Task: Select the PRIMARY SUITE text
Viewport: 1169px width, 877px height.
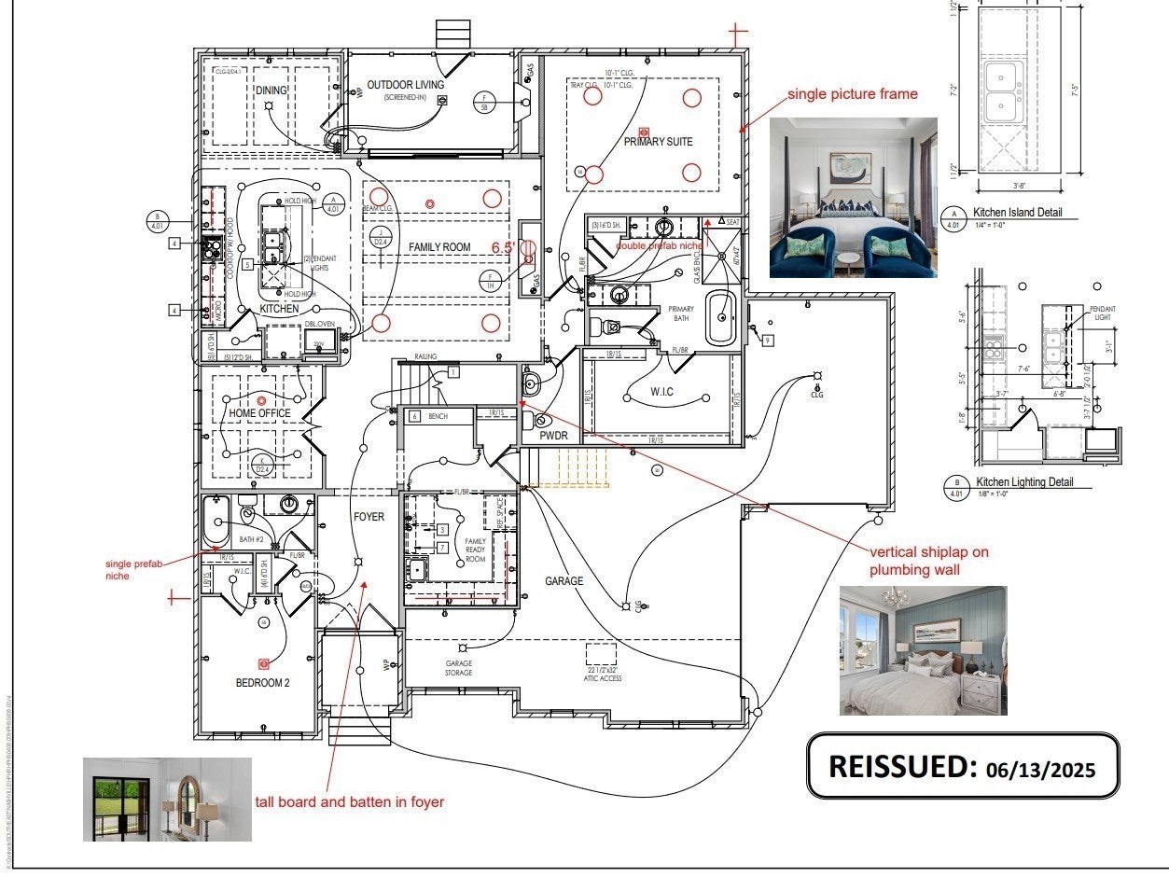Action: click(659, 142)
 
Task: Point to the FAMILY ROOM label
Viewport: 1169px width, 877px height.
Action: click(439, 246)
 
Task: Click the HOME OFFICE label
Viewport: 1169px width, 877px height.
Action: click(259, 413)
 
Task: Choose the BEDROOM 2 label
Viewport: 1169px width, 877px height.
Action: click(262, 683)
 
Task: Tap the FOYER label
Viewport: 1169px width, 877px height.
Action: click(369, 517)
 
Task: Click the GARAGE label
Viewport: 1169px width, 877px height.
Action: click(564, 581)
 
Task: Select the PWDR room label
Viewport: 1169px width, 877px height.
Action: click(553, 436)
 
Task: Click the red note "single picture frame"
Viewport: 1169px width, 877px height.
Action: click(852, 94)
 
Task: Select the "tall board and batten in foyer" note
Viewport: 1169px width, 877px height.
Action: click(349, 801)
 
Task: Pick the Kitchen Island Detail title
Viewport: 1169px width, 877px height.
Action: click(1017, 213)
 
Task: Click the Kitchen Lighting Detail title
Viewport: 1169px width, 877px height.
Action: click(1023, 482)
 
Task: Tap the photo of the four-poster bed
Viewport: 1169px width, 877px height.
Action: click(853, 198)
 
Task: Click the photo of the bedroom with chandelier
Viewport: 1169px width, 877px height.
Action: click(923, 650)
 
